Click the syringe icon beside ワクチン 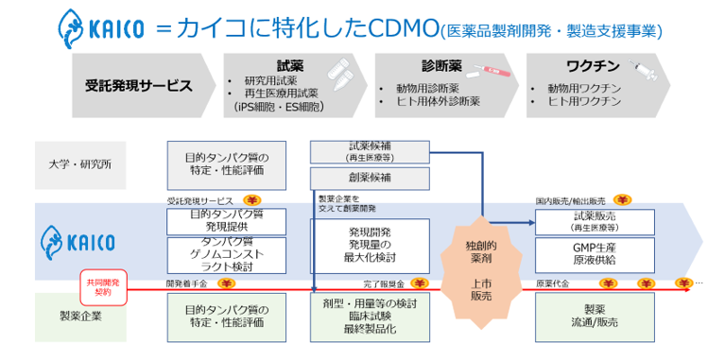645,69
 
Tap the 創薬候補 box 370,177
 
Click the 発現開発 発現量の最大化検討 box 370,246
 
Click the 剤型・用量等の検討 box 370,317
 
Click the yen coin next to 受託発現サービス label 253,200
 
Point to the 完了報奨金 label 383,283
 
